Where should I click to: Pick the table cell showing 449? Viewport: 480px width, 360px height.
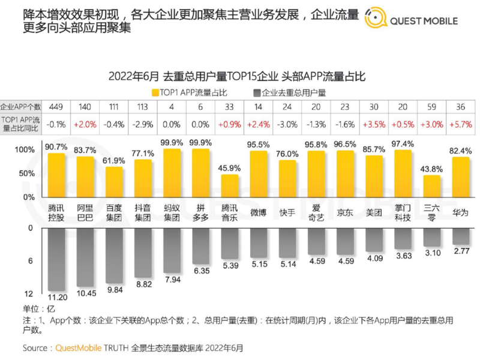[x=56, y=107]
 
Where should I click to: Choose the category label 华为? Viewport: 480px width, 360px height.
[x=461, y=212]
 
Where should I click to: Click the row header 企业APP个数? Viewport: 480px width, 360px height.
[x=20, y=107]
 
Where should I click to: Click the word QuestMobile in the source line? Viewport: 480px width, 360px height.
[x=80, y=347]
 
